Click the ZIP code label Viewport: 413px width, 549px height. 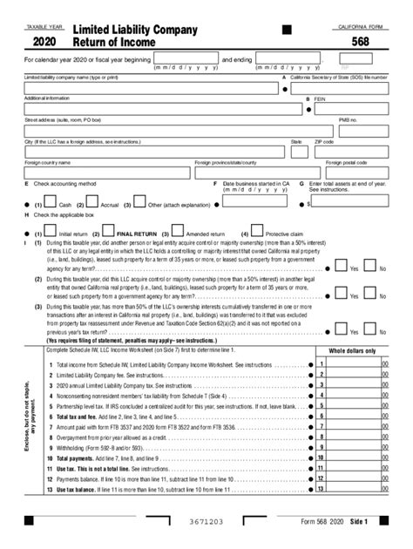(x=324, y=139)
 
